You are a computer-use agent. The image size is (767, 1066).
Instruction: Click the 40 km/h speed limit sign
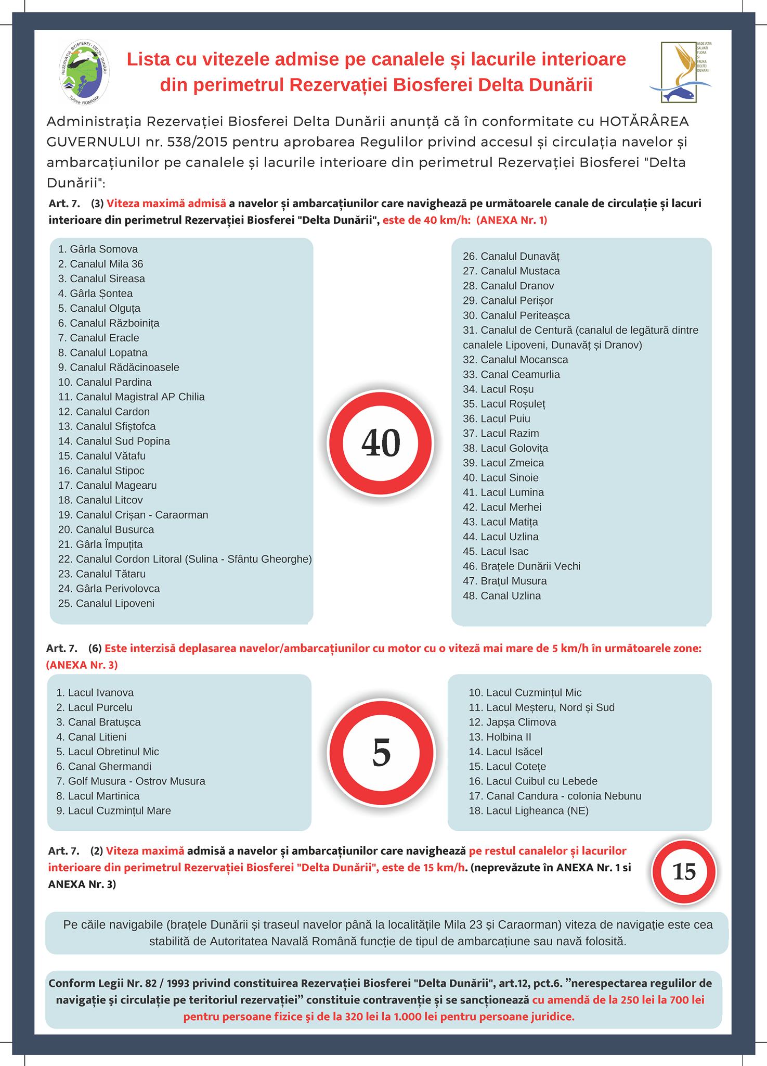click(380, 443)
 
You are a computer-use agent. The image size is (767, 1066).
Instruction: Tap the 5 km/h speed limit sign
click(381, 752)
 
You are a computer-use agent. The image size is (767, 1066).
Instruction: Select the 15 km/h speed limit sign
click(684, 871)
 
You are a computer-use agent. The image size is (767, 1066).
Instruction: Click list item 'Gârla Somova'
click(98, 249)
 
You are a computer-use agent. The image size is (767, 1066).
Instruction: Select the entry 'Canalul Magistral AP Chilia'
click(132, 397)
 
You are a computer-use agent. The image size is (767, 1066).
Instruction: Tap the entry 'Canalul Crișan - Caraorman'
click(133, 515)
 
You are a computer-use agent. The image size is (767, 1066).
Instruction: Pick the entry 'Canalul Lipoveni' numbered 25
click(106, 604)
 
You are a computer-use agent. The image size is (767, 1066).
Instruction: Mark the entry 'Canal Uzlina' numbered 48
click(502, 596)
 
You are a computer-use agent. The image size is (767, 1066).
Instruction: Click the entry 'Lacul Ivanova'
click(95, 693)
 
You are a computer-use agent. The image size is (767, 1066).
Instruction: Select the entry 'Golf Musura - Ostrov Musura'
click(131, 781)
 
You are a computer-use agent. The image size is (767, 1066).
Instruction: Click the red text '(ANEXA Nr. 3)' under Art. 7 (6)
click(82, 665)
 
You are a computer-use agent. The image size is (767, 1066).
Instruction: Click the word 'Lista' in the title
click(148, 59)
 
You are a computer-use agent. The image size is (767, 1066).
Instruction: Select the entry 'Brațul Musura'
click(505, 581)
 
